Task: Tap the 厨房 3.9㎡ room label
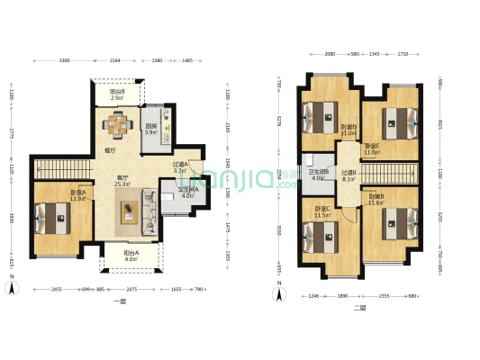[151, 130]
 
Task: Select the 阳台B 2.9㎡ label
[117, 93]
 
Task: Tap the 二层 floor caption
[359, 307]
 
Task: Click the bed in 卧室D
[319, 114]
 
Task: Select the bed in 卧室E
[396, 117]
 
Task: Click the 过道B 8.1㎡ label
[349, 175]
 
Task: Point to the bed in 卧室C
[319, 239]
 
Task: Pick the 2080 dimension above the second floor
[331, 54]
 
